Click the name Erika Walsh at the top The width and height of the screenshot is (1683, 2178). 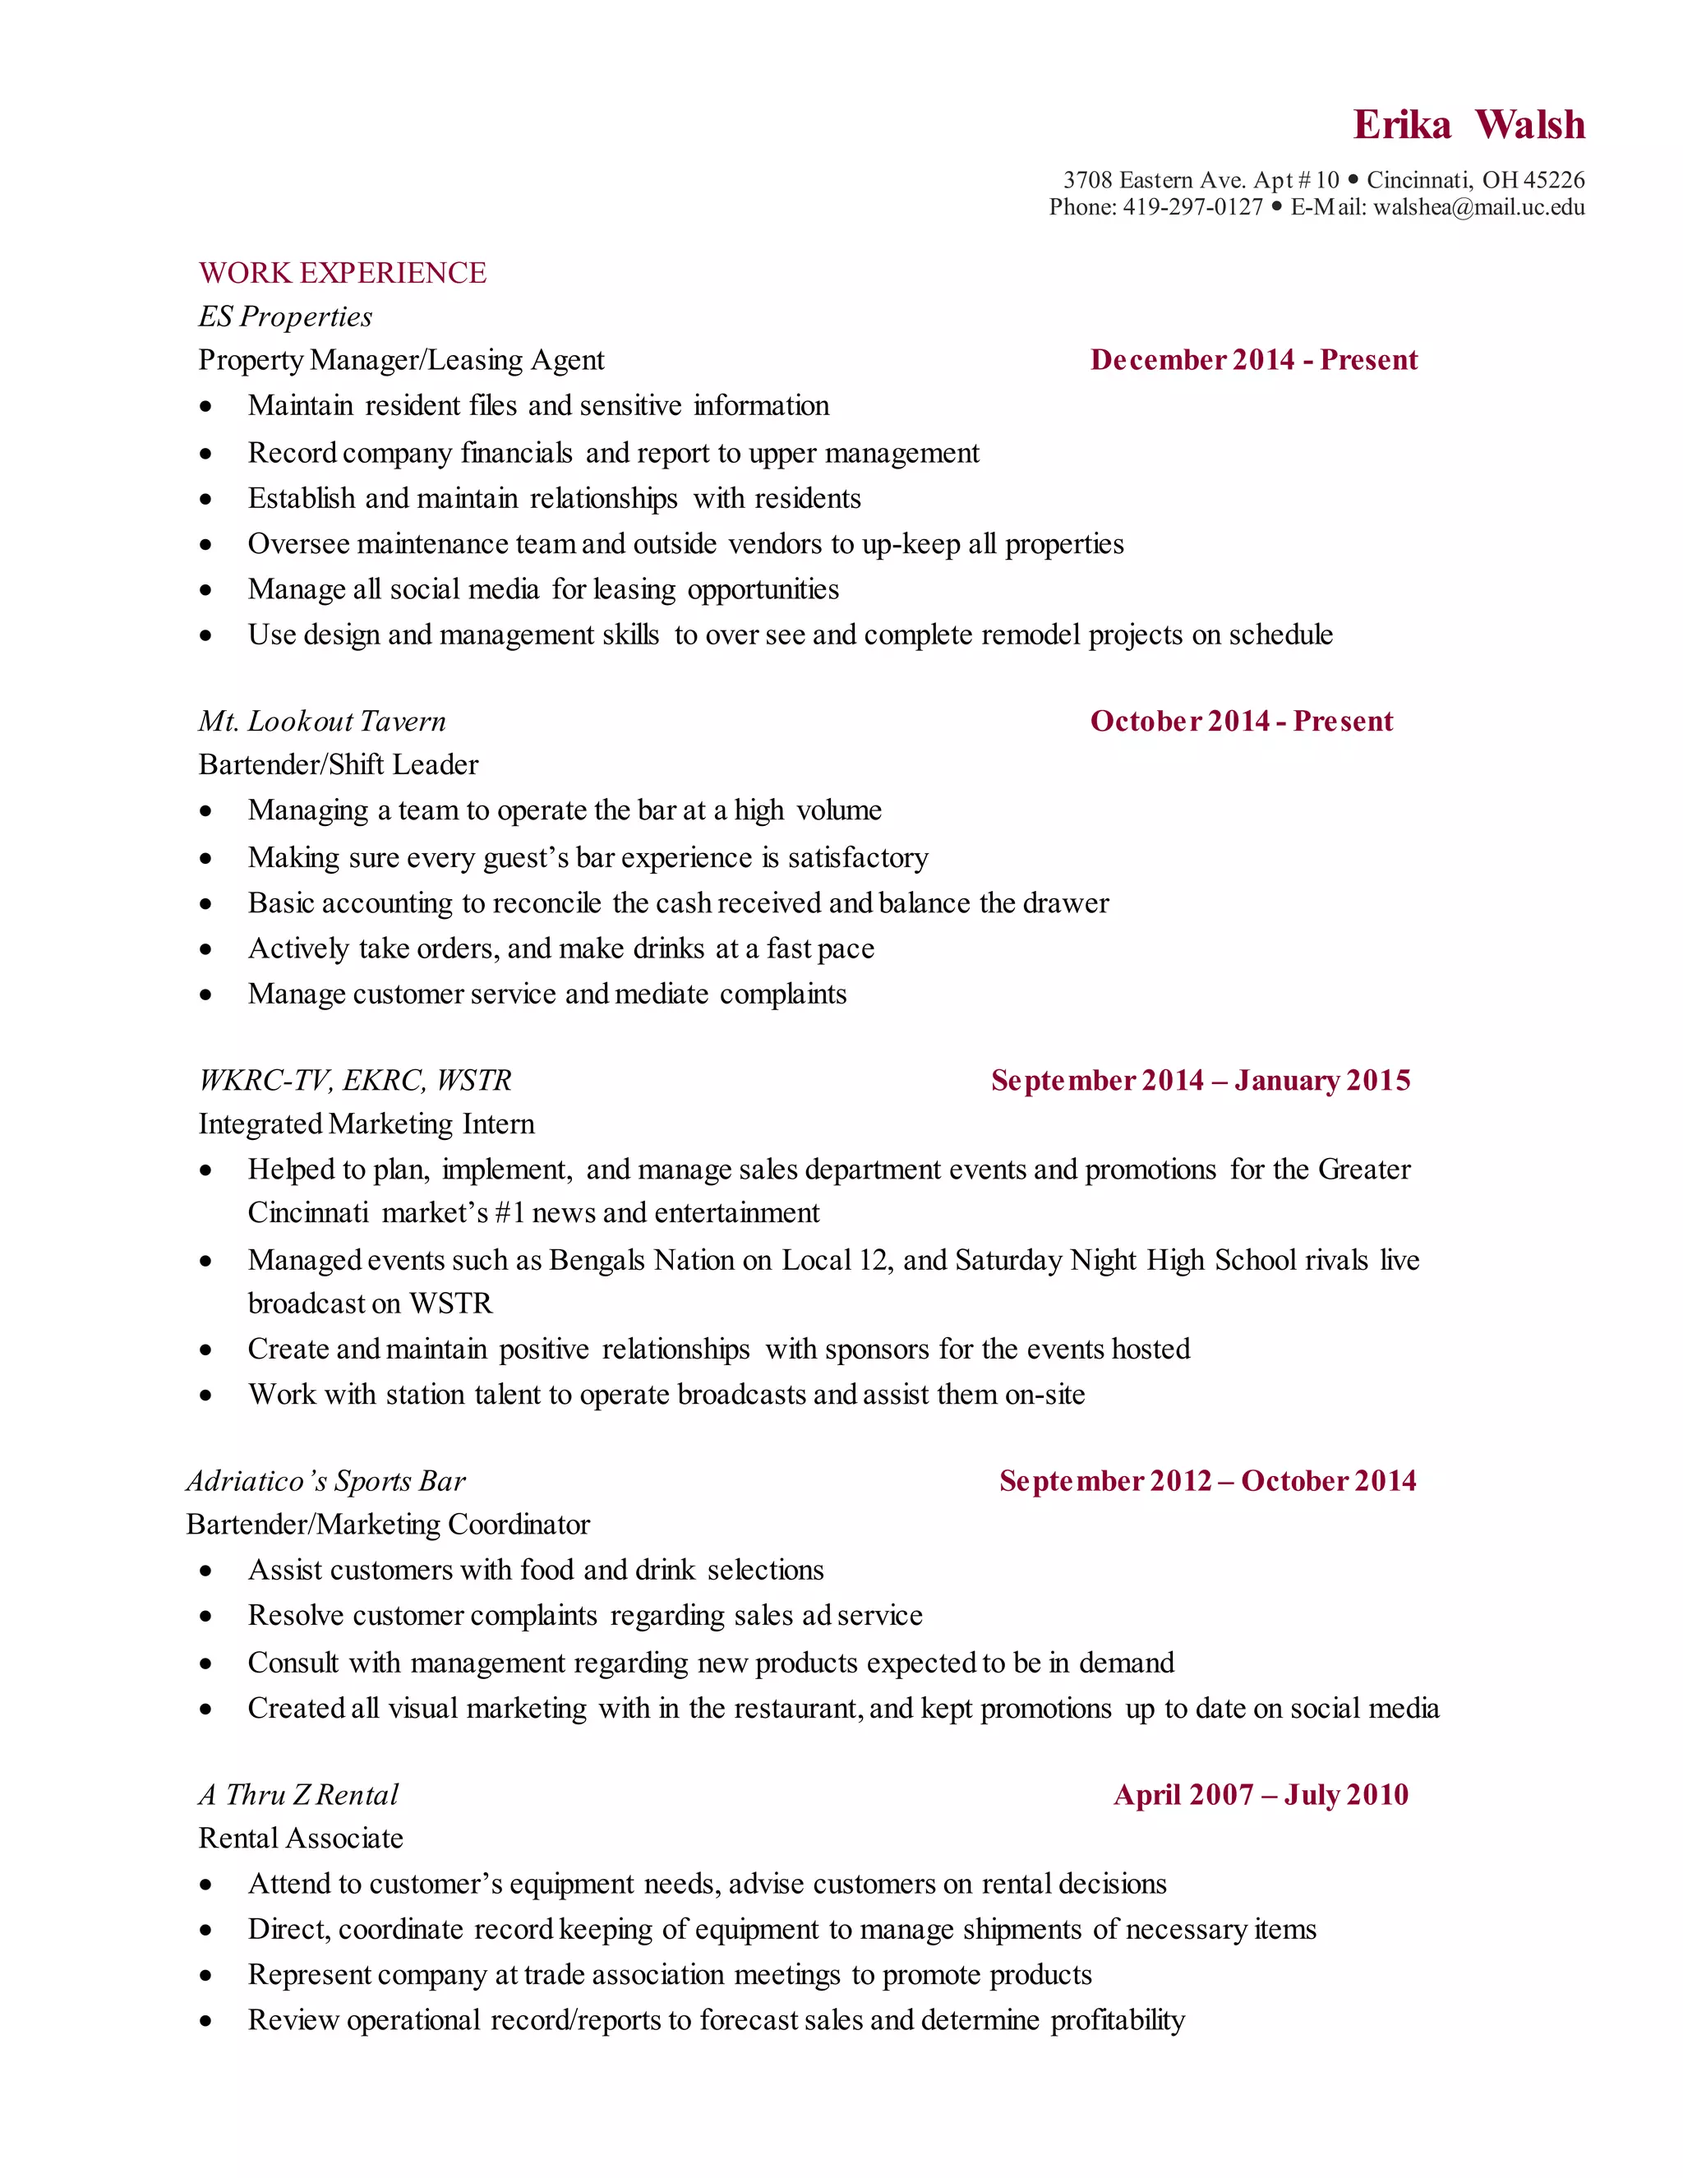point(1468,126)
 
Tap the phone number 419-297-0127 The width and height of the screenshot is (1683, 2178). point(1192,207)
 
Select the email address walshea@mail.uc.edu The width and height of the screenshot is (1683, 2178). point(1478,207)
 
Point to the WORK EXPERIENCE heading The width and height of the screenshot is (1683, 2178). point(342,273)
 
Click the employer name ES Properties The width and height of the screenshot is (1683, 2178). point(285,317)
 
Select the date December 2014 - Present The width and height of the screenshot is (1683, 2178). point(1253,360)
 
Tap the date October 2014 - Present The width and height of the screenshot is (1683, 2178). point(1242,721)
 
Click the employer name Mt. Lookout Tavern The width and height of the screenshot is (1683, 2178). point(322,721)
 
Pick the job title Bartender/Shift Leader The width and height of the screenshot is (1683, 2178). point(338,765)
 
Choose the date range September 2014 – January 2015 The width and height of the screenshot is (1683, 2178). point(1201,1081)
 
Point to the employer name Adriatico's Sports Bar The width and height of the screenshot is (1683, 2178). point(325,1481)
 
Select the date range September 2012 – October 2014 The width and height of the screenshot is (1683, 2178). point(1207,1481)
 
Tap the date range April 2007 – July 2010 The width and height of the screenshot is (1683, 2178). point(1261,1795)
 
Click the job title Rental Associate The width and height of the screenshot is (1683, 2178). point(300,1838)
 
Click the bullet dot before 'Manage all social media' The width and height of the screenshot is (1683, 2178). point(205,590)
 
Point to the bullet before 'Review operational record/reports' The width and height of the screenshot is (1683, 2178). point(205,2022)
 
